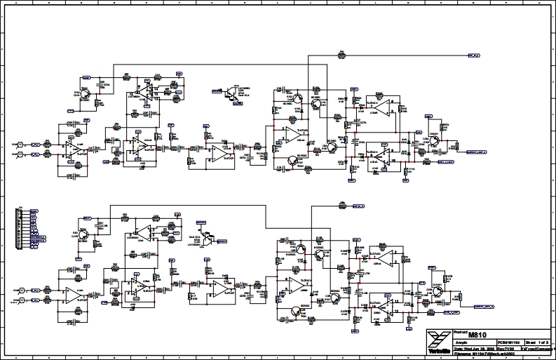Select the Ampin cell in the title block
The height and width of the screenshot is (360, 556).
463,342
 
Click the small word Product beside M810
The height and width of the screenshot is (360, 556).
460,330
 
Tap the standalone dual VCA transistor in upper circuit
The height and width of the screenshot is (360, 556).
231,93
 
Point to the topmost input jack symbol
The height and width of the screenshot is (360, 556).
20,144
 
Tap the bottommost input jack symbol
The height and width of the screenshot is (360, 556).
20,300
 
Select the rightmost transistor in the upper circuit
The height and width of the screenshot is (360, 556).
435,139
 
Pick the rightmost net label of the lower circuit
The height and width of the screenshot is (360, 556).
483,306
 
